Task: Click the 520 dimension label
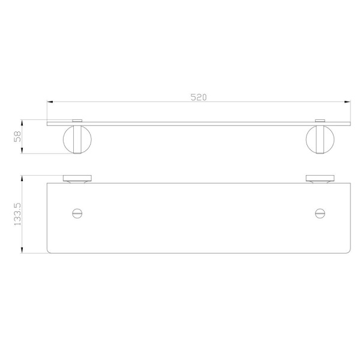tap(199, 97)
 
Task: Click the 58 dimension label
tap(17, 136)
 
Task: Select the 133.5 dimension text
tap(17, 214)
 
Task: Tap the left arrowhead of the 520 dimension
tap(50, 102)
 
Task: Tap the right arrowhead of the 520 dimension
tap(347, 102)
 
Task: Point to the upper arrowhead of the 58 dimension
tap(22, 122)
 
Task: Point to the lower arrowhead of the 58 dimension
tap(22, 151)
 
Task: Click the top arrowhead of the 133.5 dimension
tap(22, 179)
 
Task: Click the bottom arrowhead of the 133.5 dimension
tap(22, 250)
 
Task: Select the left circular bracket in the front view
tap(64, 139)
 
